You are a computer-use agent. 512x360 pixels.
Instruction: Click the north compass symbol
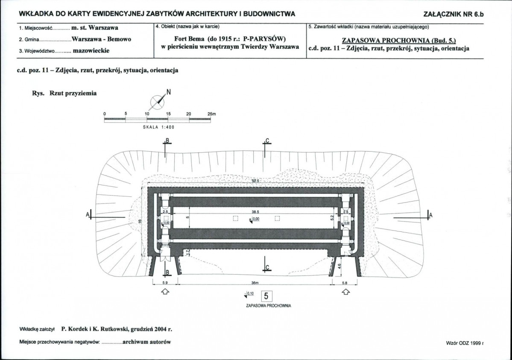coord(158,102)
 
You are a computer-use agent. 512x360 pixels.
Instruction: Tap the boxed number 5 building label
coord(266,296)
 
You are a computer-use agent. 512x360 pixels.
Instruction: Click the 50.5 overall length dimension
coord(255,181)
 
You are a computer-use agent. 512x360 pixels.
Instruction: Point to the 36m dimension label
coord(255,283)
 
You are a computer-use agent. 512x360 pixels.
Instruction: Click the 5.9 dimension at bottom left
coord(165,283)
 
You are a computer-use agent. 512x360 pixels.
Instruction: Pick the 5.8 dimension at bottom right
coord(345,283)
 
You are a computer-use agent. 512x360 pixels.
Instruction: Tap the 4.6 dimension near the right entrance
coord(339,266)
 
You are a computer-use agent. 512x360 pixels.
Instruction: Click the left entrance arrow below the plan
coord(165,292)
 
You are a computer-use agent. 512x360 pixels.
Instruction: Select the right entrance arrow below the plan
coord(345,292)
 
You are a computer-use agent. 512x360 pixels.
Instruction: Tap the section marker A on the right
coord(429,215)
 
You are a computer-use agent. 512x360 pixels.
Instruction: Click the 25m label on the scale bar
coord(212,114)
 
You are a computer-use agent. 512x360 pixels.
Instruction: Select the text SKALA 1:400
coord(159,127)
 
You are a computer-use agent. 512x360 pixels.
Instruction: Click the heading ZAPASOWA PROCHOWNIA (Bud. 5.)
coord(398,41)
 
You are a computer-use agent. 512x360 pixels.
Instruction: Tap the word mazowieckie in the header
coord(91,51)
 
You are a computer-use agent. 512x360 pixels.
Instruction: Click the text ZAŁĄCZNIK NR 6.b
coord(453,14)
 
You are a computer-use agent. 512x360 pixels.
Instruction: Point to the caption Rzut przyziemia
coord(73,93)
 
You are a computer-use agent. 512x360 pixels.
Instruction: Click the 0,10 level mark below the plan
coord(249,294)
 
